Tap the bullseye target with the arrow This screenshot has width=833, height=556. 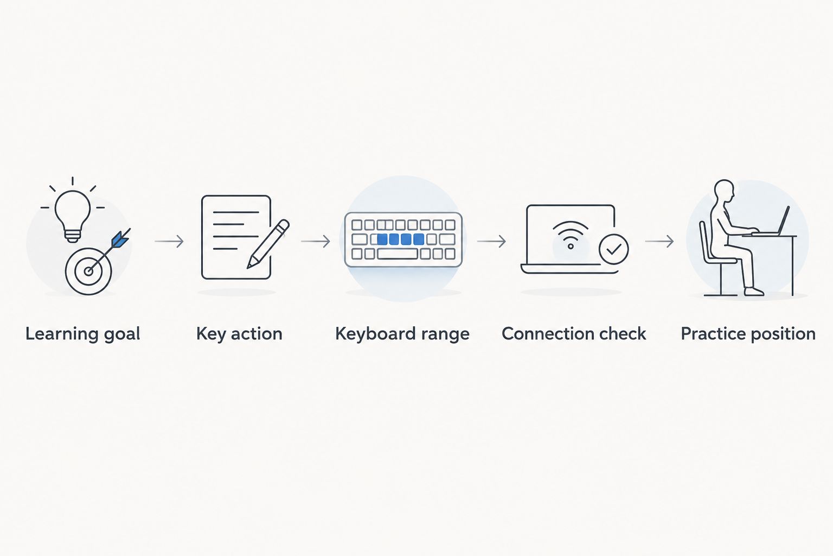[x=88, y=271]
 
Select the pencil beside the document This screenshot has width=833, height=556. [x=268, y=244]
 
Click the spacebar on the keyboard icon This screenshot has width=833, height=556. [x=397, y=254]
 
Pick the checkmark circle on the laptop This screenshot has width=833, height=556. [x=613, y=249]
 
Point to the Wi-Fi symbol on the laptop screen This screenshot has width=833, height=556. [x=571, y=235]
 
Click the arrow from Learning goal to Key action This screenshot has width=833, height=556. [x=169, y=241]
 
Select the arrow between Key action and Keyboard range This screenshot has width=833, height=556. [x=315, y=241]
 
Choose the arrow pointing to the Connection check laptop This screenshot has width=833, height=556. [x=491, y=241]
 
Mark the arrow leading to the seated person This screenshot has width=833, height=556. [x=659, y=241]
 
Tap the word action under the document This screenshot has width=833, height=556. [x=257, y=334]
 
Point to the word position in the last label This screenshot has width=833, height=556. [x=783, y=334]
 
